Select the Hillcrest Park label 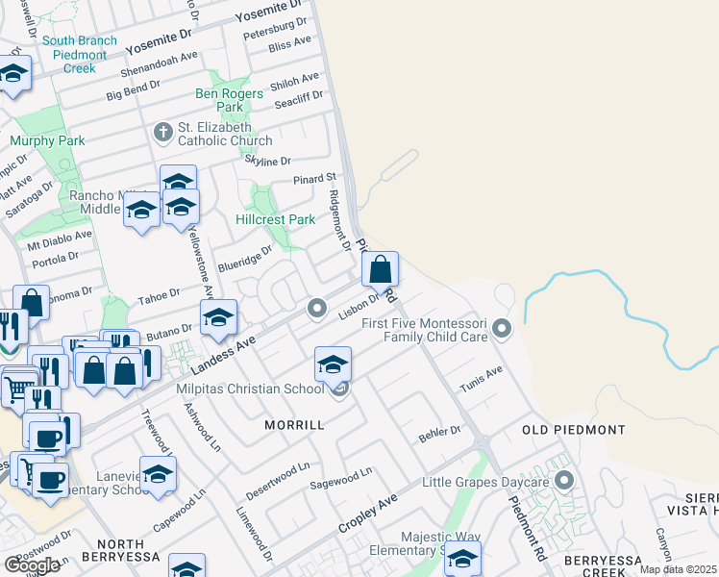click(275, 219)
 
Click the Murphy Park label click(47, 140)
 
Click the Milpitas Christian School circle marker click(338, 389)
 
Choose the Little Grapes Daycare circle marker click(564, 479)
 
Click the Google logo click(32, 565)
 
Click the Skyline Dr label click(267, 160)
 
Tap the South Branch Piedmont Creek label click(80, 54)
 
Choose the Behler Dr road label click(440, 434)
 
